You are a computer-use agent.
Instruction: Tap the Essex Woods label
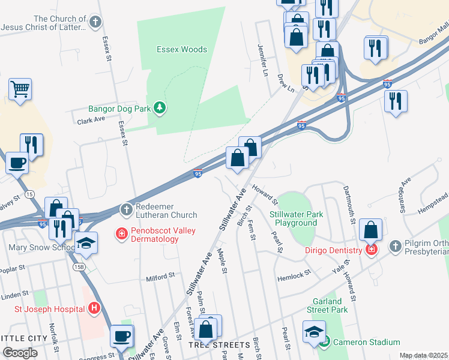(x=182, y=50)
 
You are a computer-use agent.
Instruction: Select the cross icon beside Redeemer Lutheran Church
(x=126, y=210)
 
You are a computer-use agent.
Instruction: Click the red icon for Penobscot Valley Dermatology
(x=122, y=233)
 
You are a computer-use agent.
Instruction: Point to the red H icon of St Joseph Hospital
(x=94, y=309)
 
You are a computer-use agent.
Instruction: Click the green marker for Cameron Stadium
(x=325, y=342)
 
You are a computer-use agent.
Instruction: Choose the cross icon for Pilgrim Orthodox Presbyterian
(x=395, y=245)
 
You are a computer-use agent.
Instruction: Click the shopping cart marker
(x=20, y=89)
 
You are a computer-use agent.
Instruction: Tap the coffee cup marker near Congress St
(x=122, y=336)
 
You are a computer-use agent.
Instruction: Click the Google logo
(x=20, y=353)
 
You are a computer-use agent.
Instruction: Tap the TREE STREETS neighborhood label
(x=219, y=346)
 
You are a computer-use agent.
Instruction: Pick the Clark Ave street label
(x=91, y=121)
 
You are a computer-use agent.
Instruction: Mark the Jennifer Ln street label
(x=262, y=56)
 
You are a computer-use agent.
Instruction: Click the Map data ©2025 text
(x=423, y=355)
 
